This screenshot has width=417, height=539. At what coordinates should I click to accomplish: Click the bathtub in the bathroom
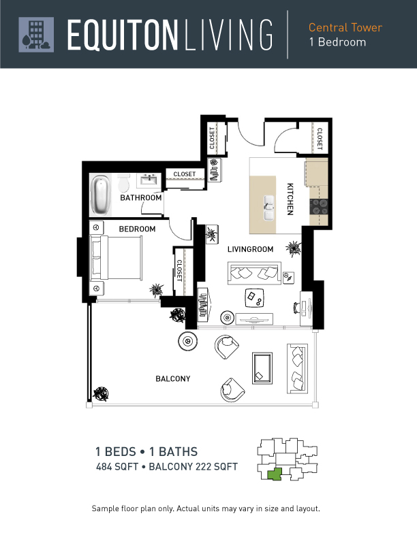[101, 195]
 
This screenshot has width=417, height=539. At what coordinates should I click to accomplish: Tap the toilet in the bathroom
[123, 182]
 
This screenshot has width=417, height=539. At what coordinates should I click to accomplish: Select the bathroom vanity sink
[149, 180]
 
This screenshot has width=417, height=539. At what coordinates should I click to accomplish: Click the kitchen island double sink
[268, 208]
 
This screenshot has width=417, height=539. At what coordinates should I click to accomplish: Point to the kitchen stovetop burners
[319, 207]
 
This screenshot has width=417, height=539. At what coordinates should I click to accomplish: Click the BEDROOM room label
[137, 229]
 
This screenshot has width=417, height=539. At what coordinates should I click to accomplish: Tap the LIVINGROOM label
[250, 249]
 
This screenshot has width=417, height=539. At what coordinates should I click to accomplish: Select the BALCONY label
[172, 379]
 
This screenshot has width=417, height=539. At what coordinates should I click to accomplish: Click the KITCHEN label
[290, 199]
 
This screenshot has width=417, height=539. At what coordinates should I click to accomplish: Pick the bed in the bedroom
[116, 258]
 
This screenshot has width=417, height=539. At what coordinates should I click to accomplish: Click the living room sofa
[254, 273]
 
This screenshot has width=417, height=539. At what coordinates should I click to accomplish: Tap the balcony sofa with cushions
[297, 368]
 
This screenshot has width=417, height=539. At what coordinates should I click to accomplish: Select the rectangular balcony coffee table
[262, 368]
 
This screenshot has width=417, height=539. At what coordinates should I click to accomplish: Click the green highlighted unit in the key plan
[275, 474]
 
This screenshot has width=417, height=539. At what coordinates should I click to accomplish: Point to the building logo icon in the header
[36, 35]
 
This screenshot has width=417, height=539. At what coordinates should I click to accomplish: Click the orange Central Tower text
[345, 27]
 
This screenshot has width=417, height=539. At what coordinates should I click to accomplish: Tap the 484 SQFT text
[117, 467]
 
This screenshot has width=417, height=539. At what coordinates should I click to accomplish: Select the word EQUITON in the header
[123, 35]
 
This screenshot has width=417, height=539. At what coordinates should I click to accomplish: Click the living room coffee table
[254, 298]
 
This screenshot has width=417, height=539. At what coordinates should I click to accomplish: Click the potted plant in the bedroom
[157, 290]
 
